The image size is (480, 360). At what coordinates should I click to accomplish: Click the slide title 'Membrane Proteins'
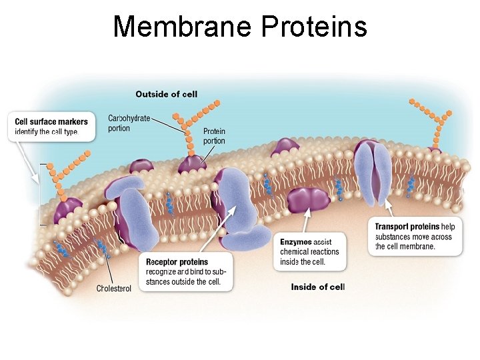click(240, 27)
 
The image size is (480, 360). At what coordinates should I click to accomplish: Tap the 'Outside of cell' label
click(166, 94)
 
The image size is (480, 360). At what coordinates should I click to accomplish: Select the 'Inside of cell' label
click(317, 287)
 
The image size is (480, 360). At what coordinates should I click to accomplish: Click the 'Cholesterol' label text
click(114, 289)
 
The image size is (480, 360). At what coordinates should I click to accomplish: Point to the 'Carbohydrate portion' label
click(129, 123)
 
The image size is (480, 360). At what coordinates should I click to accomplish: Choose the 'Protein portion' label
click(214, 136)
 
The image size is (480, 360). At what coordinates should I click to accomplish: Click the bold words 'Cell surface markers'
click(51, 122)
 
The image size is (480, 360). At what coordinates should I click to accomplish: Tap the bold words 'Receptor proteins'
click(177, 262)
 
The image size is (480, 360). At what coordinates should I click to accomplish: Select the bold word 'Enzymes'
click(296, 242)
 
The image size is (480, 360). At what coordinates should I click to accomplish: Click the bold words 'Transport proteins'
click(407, 227)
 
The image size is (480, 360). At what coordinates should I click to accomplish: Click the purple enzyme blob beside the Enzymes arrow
click(309, 201)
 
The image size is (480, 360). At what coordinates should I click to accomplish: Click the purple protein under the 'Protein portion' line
click(192, 164)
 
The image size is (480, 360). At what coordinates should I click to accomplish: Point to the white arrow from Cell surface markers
click(28, 161)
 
